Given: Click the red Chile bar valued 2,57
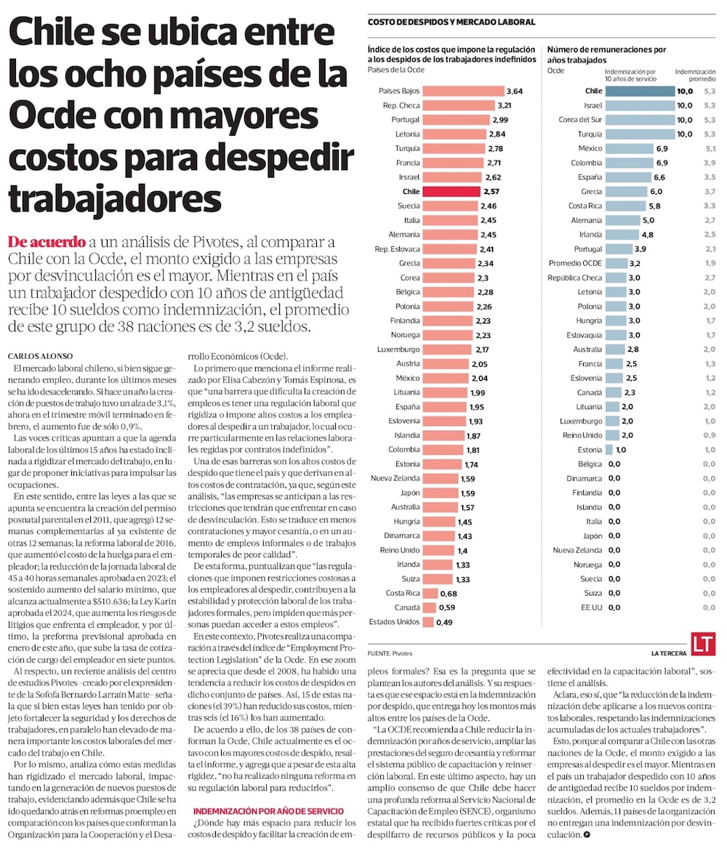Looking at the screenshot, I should [451, 192].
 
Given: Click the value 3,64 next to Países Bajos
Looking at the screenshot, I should [513, 92].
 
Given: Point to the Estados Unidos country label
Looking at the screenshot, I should [394, 622].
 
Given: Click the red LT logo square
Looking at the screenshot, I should [703, 644].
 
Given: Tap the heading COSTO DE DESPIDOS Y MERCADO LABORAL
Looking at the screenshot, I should [451, 23].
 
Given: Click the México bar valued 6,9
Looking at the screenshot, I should [630, 148].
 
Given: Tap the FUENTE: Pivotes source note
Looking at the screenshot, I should [390, 653].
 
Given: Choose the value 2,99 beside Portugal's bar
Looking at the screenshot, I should [500, 120].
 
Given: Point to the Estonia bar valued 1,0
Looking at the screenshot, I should [608, 450].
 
